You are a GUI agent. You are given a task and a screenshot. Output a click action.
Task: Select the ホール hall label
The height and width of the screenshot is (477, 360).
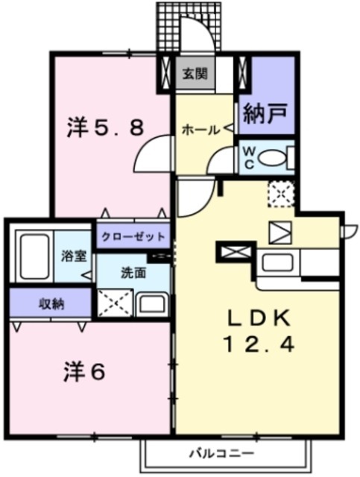(x=200, y=130)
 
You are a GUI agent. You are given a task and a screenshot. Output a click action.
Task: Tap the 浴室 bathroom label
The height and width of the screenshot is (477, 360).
(x=73, y=256)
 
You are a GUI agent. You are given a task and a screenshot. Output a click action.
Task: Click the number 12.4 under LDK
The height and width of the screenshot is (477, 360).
(x=255, y=345)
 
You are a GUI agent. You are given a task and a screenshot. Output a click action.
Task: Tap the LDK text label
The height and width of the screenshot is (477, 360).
(x=255, y=318)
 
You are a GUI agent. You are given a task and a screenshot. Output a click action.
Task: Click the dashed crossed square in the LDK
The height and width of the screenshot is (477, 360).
(x=281, y=193)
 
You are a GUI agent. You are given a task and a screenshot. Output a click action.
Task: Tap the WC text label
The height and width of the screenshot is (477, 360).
(x=248, y=157)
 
